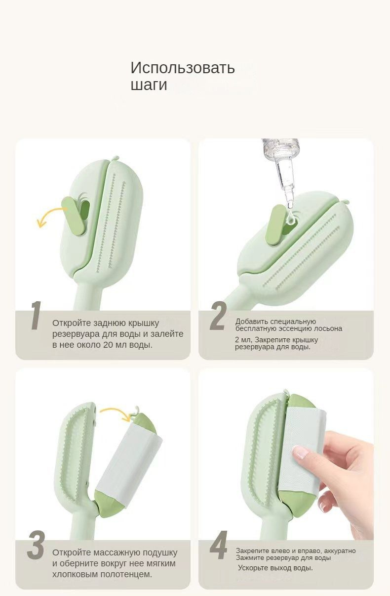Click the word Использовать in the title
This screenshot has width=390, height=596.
pos(182,68)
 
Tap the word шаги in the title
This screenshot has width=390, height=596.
pos(149,85)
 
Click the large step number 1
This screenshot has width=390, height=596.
pos(36,316)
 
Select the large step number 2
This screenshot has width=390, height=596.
pos(218,317)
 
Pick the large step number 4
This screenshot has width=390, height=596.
pos(219,545)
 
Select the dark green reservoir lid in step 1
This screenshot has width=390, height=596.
pos(74,216)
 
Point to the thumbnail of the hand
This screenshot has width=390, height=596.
pos(300,452)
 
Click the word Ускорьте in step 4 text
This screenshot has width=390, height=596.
pos(254,568)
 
